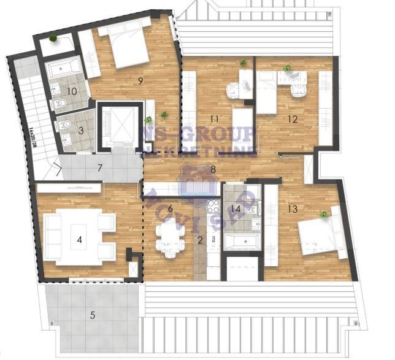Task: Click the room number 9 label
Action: pyautogui.click(x=140, y=80)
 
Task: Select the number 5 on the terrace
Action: pyautogui.click(x=93, y=315)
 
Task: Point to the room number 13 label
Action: pyautogui.click(x=293, y=209)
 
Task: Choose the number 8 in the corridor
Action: pyautogui.click(x=213, y=169)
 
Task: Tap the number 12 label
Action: pyautogui.click(x=293, y=119)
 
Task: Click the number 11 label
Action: pyautogui.click(x=213, y=119)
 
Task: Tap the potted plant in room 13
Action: pyautogui.click(x=323, y=215)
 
